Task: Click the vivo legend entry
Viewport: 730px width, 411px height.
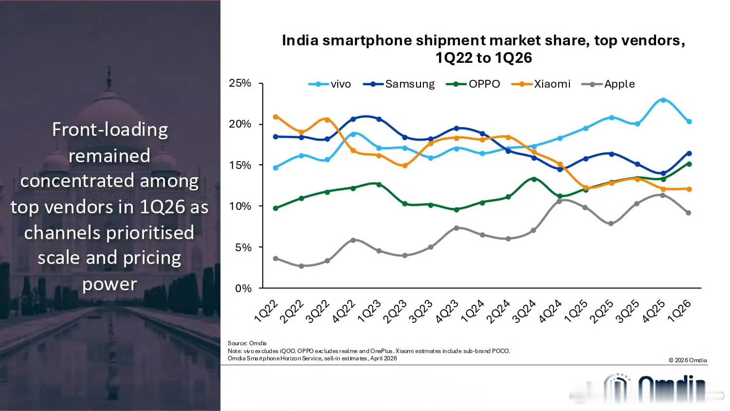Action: (330, 84)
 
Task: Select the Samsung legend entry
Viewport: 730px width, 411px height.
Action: (399, 84)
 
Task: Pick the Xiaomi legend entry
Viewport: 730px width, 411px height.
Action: (541, 84)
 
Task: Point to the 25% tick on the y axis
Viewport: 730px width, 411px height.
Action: (240, 83)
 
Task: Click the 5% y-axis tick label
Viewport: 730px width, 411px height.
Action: (243, 247)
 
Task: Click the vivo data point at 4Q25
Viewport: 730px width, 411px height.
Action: (663, 100)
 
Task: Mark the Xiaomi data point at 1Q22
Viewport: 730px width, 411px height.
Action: (276, 117)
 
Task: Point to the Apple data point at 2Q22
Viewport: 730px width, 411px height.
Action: (301, 266)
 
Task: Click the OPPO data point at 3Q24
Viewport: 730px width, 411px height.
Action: (534, 179)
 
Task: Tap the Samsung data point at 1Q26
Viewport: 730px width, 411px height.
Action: (689, 153)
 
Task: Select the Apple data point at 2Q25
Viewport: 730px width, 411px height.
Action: (611, 224)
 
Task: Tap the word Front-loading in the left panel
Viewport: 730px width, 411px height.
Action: (110, 130)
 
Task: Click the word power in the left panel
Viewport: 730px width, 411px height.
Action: (109, 284)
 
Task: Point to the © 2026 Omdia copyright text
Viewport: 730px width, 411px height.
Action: (687, 360)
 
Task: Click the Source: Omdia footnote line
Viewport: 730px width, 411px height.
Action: (247, 343)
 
